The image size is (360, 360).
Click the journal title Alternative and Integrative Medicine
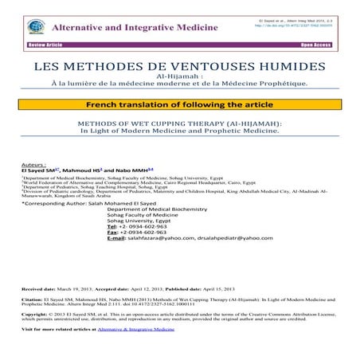(x=121, y=25)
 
